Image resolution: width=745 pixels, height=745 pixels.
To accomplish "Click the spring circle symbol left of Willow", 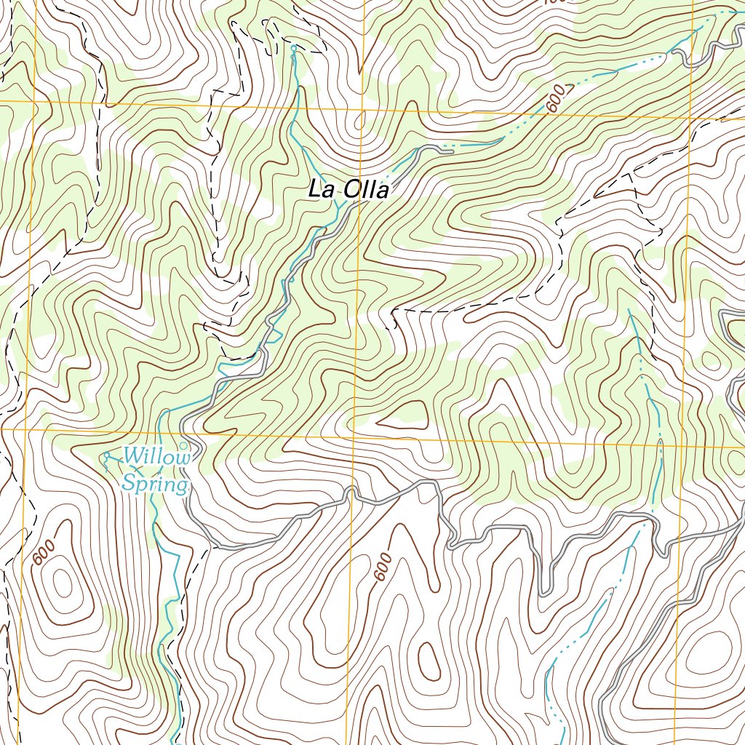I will [x=107, y=456].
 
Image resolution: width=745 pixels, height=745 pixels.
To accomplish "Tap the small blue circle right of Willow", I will [x=183, y=445].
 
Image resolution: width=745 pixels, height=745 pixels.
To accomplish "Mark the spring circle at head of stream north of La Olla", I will [x=294, y=48].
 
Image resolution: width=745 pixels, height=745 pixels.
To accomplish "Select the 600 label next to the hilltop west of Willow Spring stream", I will [x=43, y=555].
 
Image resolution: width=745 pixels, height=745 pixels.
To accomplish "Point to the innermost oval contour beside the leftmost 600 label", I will [x=61, y=583].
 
